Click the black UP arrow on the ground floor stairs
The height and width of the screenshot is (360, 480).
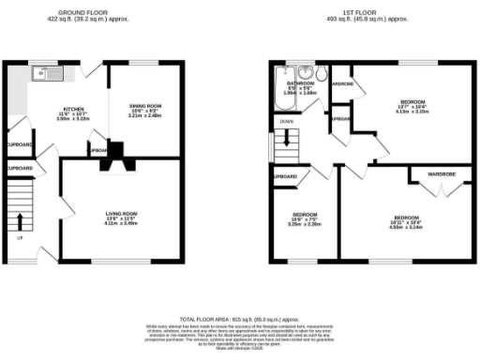tap(20, 221)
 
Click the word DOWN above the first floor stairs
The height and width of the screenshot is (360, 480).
tap(285, 121)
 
